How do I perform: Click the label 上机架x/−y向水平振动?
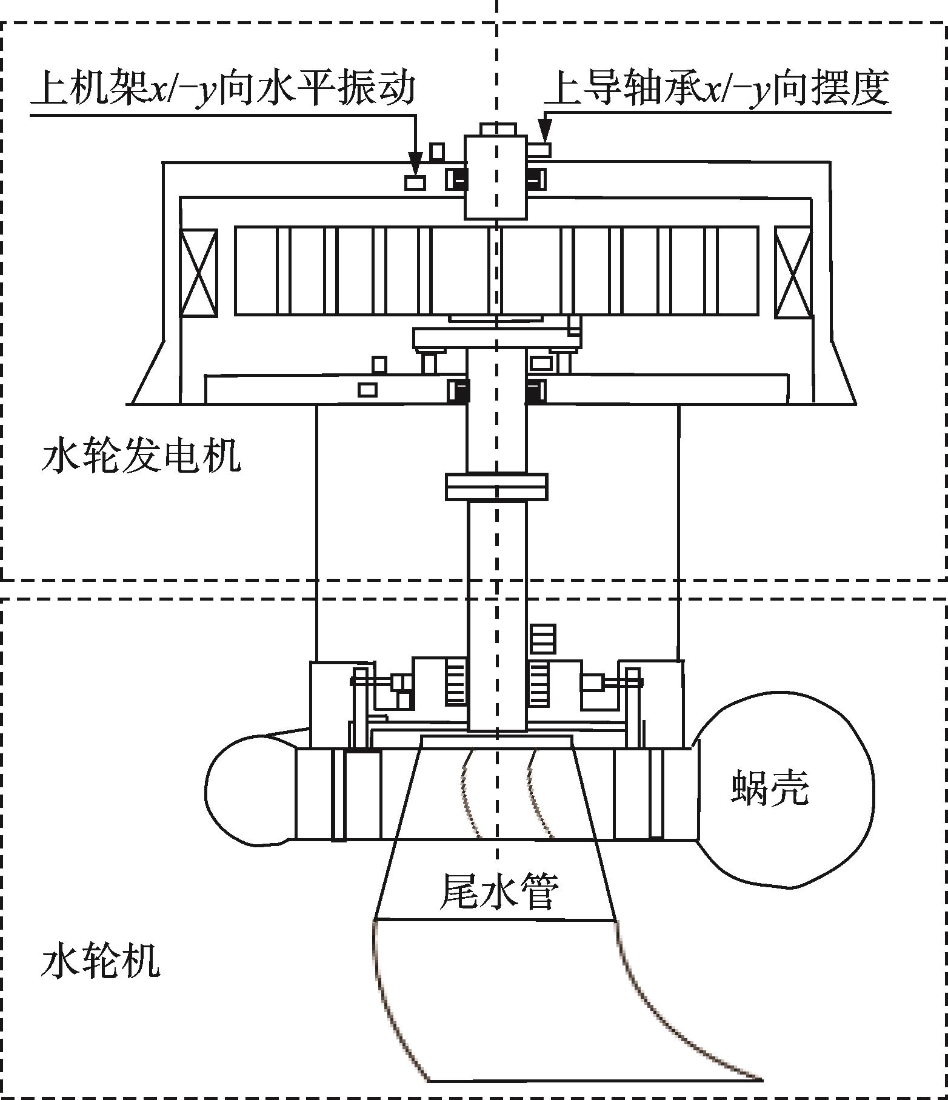point(224,88)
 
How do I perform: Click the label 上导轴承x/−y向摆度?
point(717,88)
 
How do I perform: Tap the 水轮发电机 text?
point(141,456)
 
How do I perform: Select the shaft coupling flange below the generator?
point(496,487)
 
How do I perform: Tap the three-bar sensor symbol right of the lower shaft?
point(542,639)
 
